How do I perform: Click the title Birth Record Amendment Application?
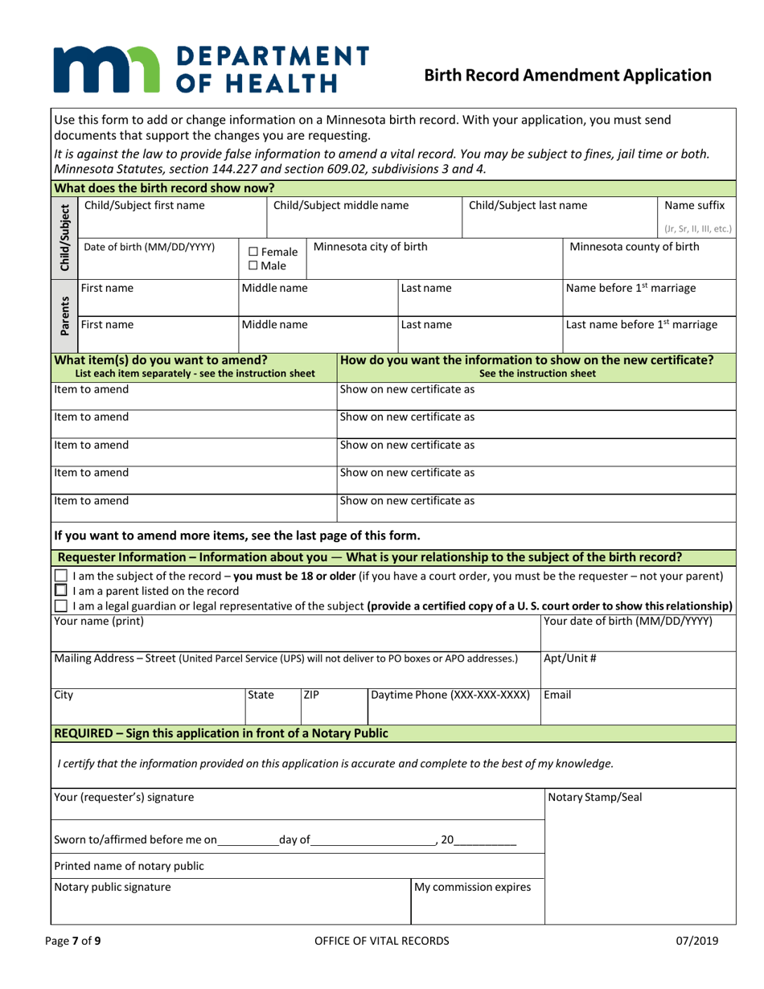pos(567,76)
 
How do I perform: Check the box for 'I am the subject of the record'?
pos(61,575)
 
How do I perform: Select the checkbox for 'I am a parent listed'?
pos(61,589)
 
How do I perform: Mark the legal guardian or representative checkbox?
pos(61,605)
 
